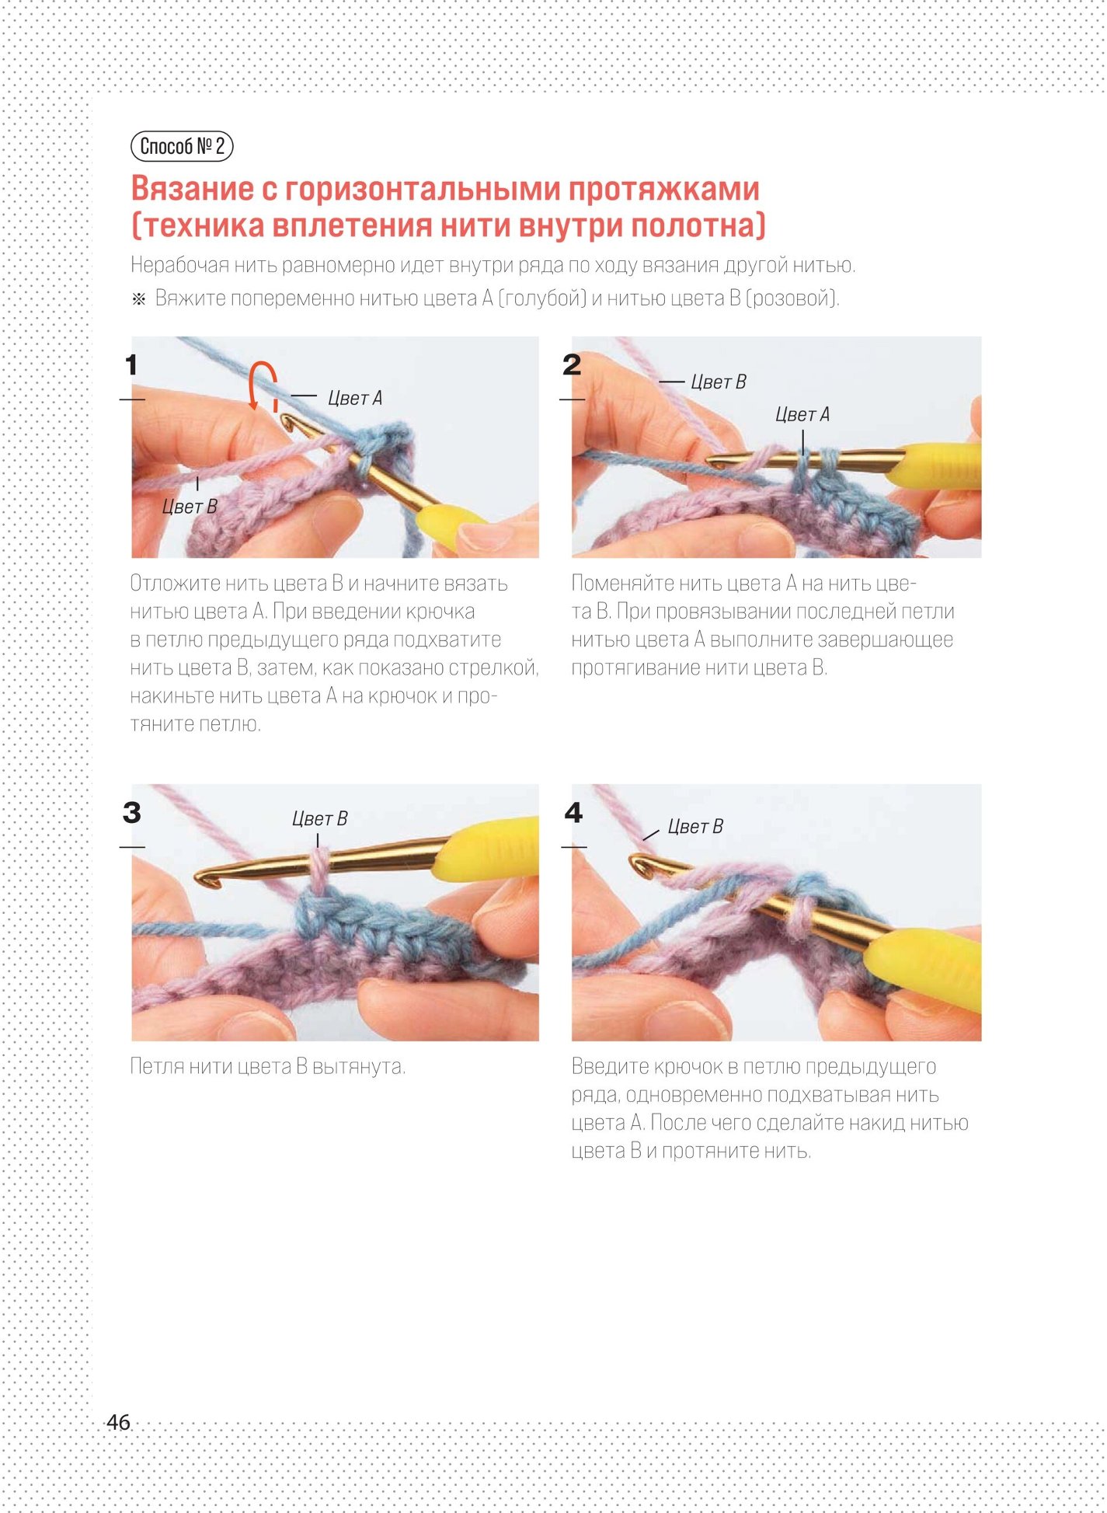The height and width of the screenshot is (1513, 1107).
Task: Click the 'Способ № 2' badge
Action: pyautogui.click(x=182, y=146)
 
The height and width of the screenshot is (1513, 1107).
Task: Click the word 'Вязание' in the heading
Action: pyautogui.click(x=193, y=189)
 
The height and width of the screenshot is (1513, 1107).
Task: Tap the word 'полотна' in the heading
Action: pyautogui.click(x=693, y=226)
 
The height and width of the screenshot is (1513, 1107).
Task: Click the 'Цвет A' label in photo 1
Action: pyautogui.click(x=355, y=399)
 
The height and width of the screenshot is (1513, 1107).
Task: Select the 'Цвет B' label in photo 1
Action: pyautogui.click(x=190, y=507)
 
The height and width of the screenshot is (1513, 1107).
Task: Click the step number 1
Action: pyautogui.click(x=131, y=364)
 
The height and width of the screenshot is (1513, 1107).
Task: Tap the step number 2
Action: pyautogui.click(x=572, y=364)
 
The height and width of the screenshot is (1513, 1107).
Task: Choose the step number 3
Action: pyautogui.click(x=132, y=813)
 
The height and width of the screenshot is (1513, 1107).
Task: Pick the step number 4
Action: pyautogui.click(x=573, y=813)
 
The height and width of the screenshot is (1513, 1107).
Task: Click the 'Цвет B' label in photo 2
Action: pyautogui.click(x=719, y=382)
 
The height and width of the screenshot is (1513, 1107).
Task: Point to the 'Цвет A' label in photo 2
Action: pyautogui.click(x=802, y=415)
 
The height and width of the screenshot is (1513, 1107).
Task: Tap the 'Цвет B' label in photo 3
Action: pyautogui.click(x=319, y=819)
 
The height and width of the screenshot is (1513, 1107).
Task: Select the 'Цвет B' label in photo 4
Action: pyautogui.click(x=695, y=827)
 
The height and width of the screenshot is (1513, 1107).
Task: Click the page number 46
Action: pyautogui.click(x=118, y=1422)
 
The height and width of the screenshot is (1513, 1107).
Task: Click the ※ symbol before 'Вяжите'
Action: pyautogui.click(x=139, y=299)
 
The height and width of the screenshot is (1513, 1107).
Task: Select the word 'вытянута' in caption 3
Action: pyautogui.click(x=359, y=1066)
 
